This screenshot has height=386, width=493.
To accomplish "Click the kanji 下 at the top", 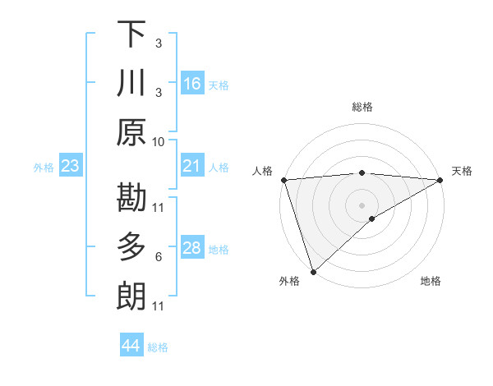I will tap(131, 34).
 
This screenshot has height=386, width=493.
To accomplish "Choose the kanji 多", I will tap(131, 246).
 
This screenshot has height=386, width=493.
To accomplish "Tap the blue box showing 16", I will tap(192, 83).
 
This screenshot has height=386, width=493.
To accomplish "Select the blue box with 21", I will tap(192, 167).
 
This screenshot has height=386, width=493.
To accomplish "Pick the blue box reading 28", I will tap(192, 248).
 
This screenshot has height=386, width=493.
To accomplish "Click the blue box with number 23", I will tap(71, 167).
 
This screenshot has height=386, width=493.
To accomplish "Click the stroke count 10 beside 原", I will tap(159, 141).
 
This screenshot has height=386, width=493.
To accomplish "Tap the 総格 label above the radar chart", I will tap(362, 107).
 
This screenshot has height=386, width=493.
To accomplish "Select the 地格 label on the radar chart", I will tap(431, 282).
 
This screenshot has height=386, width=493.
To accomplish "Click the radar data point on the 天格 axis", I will tap(440, 180).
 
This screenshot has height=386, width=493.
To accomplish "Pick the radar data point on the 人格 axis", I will tap(283, 180).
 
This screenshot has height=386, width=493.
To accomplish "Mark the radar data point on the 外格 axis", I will tap(313, 271).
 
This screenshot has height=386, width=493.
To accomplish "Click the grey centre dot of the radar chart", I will tap(362, 204).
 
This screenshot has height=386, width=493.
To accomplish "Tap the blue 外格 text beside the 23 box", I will tap(44, 168).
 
